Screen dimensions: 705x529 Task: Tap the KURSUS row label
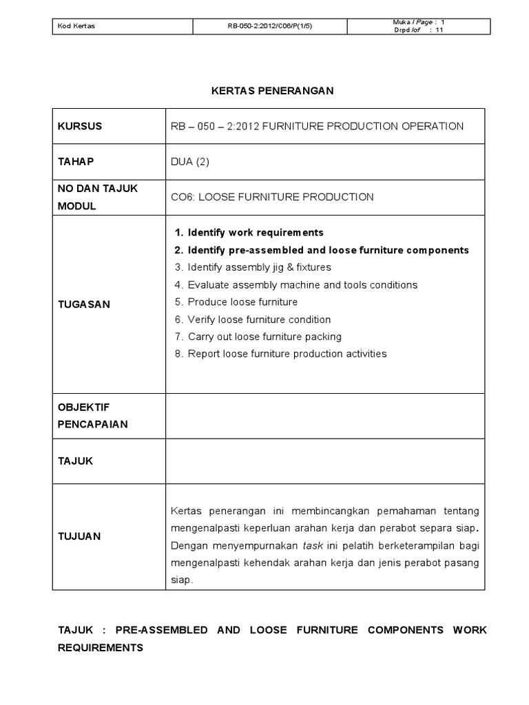(79, 126)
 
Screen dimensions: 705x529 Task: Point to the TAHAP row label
(75, 161)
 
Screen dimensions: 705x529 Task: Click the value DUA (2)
(189, 162)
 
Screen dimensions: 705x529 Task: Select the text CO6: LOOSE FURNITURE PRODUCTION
(272, 197)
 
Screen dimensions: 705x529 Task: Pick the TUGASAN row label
(83, 304)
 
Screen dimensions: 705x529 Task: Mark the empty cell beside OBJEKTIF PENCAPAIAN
(325, 416)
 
